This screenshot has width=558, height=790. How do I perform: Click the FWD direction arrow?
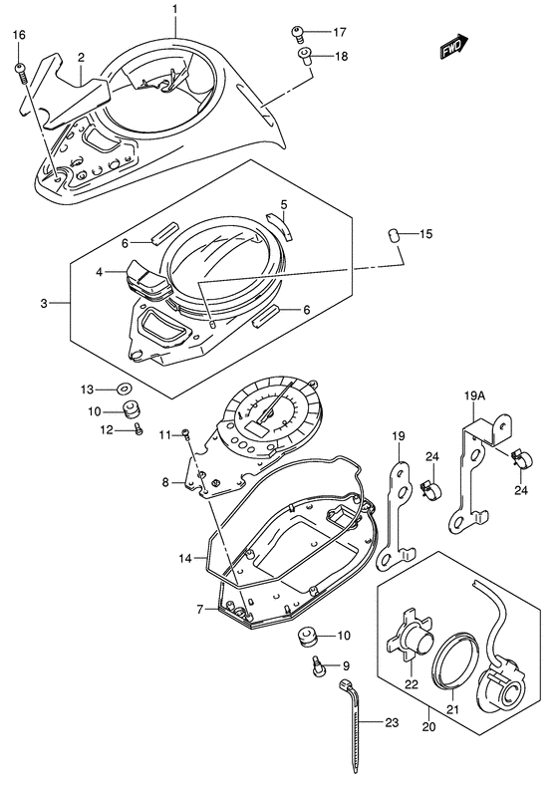pos(454,47)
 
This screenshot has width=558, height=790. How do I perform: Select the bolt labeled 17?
pos(297,34)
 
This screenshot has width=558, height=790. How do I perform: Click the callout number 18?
pos(341,56)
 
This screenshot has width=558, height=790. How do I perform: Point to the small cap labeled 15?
pos(394,234)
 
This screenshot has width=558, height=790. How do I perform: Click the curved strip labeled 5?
pos(280,225)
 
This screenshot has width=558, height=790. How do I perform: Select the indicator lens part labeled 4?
pos(147,278)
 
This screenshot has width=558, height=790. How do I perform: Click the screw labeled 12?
pos(139,429)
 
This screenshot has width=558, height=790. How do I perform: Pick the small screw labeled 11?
pos(186,433)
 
